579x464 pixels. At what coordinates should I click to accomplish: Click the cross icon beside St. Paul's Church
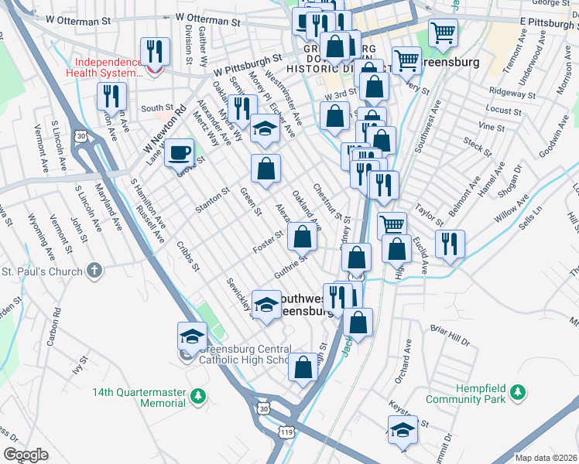coord(94,270)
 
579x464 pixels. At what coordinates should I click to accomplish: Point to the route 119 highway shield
coord(288,433)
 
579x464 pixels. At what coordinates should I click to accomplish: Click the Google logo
coord(26,455)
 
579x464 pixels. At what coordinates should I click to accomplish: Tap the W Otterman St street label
coord(211,17)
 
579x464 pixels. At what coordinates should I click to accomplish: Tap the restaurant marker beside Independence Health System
coord(154,52)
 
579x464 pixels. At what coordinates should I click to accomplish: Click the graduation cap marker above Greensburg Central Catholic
coord(192,335)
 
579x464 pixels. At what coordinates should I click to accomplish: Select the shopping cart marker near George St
coord(443,32)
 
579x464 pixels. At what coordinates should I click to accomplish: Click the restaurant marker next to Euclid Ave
coord(450,244)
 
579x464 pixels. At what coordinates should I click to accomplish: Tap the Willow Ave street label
coord(512,209)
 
